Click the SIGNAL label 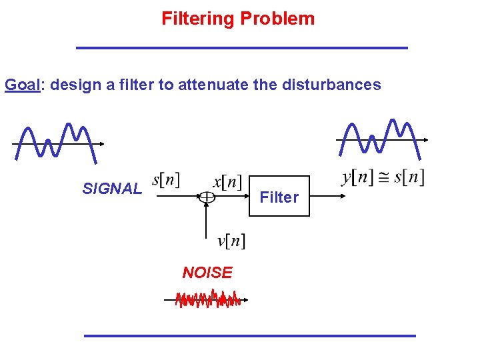[x=112, y=189]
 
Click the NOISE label [x=207, y=272]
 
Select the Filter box [x=279, y=197]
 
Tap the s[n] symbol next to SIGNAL [x=166, y=179]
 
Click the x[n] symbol [x=227, y=181]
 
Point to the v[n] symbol [x=231, y=241]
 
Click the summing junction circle [x=207, y=197]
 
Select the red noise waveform [x=207, y=300]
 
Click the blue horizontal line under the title [x=241, y=48]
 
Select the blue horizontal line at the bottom [x=249, y=335]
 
